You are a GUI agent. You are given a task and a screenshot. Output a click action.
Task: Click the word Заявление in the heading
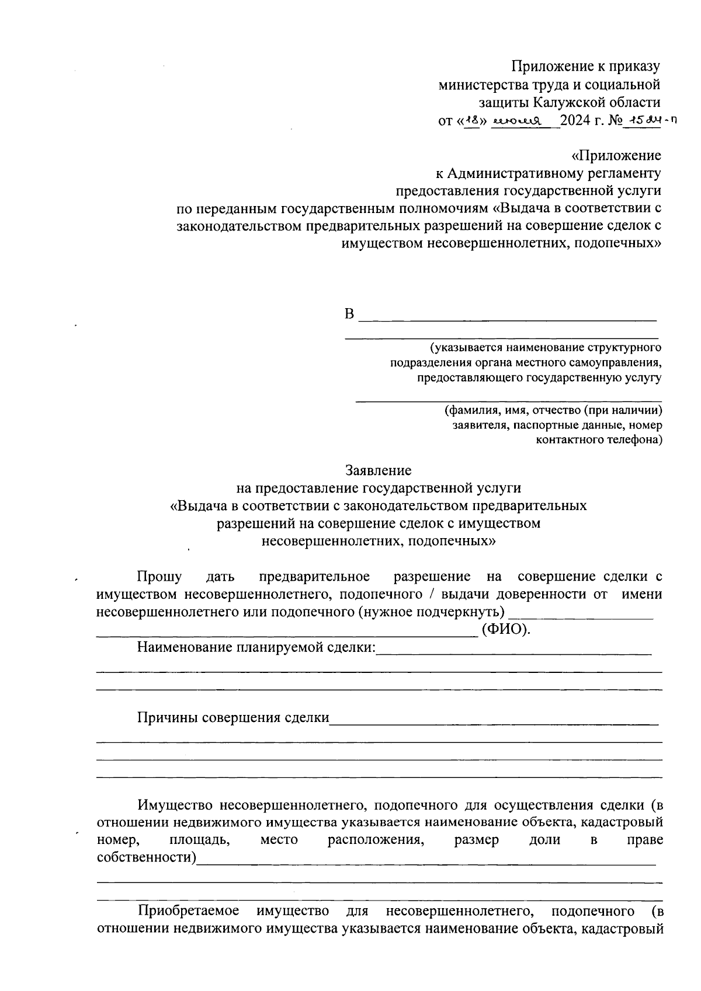click(378, 470)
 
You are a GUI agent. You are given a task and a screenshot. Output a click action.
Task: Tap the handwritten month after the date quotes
click(517, 121)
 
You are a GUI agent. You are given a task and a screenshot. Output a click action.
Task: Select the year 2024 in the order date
click(575, 121)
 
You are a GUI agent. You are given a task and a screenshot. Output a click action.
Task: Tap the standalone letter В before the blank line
click(349, 315)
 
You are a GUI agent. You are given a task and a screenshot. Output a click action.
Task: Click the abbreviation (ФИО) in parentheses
click(506, 630)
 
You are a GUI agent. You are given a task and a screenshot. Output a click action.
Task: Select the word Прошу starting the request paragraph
click(159, 577)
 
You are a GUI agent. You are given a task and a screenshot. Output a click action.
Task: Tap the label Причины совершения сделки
click(233, 718)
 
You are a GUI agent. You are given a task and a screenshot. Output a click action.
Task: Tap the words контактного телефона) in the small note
click(599, 439)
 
